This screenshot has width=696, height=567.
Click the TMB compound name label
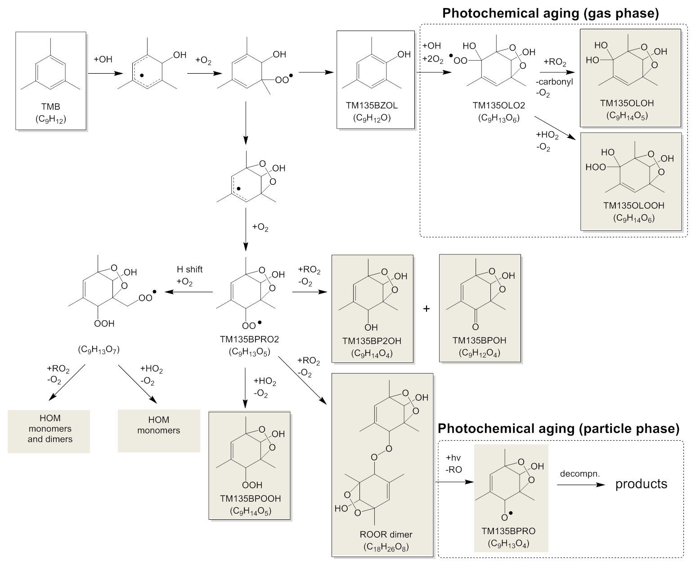[x=50, y=107]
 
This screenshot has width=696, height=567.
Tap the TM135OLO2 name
[x=498, y=106]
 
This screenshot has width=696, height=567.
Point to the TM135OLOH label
[x=627, y=103]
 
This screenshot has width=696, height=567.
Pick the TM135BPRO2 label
[x=249, y=339]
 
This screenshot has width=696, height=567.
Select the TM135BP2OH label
[x=372, y=341]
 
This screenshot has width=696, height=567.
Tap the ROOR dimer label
[x=386, y=535]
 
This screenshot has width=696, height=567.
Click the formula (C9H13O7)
[x=99, y=349]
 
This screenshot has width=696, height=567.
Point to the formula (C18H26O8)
[x=386, y=547]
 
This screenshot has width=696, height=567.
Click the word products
[x=641, y=484]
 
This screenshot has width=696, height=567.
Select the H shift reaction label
[x=189, y=269]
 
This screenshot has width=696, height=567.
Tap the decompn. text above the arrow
[x=574, y=474]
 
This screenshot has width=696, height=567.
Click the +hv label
[x=454, y=458]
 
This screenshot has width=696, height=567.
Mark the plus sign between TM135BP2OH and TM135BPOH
[x=427, y=309]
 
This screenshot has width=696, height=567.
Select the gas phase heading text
[x=550, y=13]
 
